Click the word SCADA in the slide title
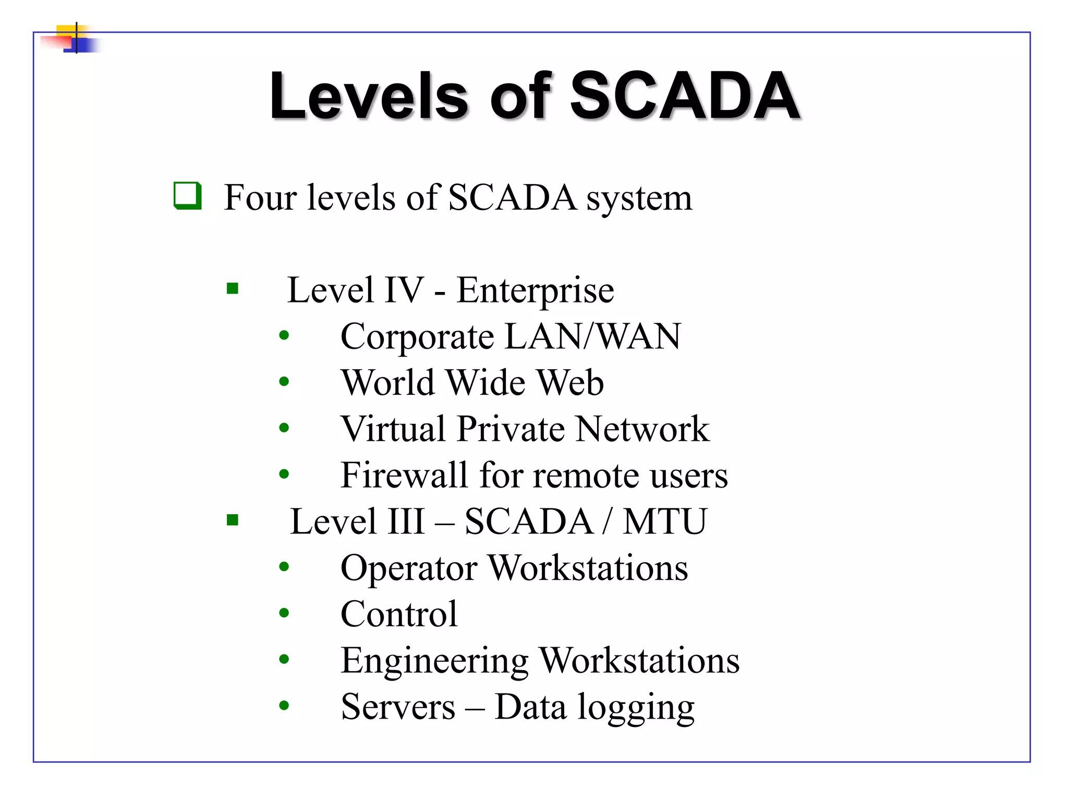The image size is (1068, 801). point(685,96)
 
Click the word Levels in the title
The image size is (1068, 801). point(369,96)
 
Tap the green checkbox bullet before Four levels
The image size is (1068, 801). point(187,196)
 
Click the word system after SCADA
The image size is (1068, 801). point(639,199)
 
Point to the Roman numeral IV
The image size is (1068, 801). point(404,290)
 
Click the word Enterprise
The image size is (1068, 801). point(535,291)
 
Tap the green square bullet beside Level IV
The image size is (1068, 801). point(233,288)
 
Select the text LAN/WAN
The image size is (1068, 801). point(593,336)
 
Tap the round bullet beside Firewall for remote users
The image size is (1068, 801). point(284,474)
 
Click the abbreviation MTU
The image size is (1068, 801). point(665,521)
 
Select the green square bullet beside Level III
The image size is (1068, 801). point(233,520)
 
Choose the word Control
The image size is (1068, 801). point(399,614)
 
